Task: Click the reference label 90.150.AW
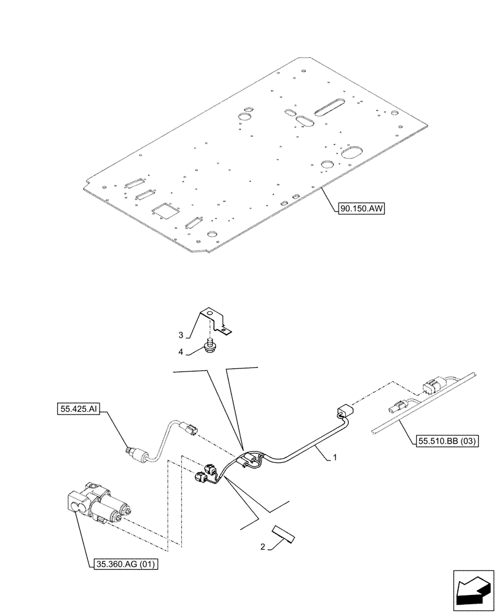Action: pos(361,209)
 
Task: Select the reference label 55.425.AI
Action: pos(79,406)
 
